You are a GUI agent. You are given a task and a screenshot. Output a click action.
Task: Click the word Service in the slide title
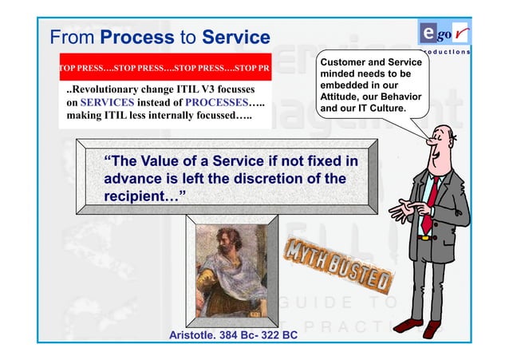coord(236,38)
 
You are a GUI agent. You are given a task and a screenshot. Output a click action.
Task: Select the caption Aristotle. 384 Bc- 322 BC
coord(233,334)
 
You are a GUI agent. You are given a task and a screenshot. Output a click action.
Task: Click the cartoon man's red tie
coord(428,204)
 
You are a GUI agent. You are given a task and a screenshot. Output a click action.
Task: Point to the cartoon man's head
coord(440,144)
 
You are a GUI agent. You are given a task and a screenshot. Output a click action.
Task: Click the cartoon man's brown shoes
coord(419,325)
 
